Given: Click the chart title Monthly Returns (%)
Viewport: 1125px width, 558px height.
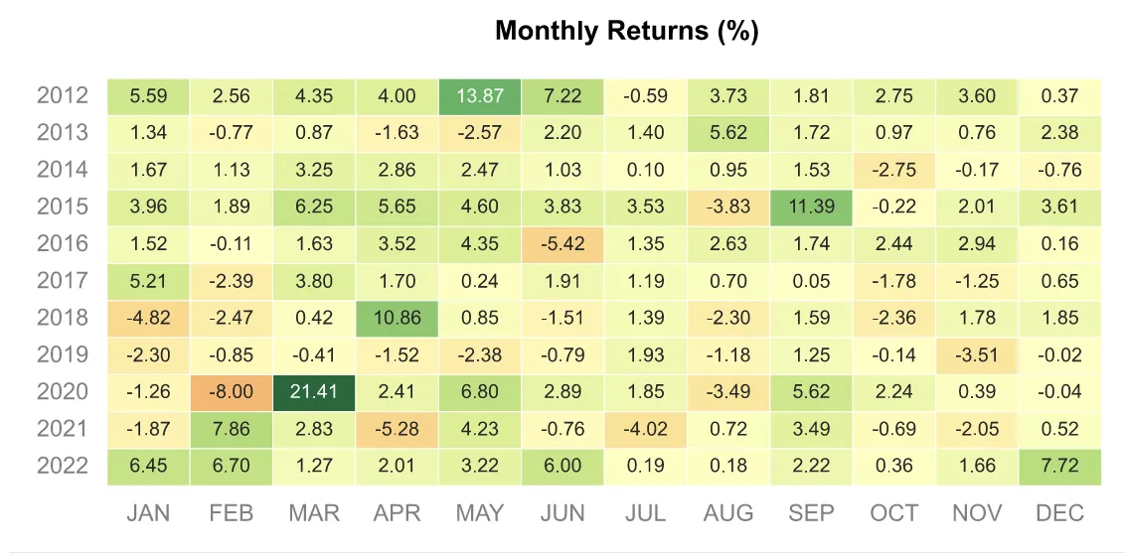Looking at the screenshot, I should tap(626, 31).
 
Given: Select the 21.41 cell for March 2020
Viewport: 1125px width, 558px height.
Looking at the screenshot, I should tap(314, 392).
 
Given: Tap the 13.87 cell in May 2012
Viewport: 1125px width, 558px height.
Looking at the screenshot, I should tap(480, 96).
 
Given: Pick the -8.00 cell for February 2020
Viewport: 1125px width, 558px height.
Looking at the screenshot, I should tap(232, 392).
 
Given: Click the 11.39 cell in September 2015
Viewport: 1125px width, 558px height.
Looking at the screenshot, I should tap(811, 208).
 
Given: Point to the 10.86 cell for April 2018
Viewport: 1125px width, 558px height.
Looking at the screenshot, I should tap(398, 319).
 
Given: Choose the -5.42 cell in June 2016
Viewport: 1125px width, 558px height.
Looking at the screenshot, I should tap(562, 244).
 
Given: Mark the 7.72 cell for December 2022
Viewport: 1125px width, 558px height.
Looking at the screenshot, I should tap(1059, 467).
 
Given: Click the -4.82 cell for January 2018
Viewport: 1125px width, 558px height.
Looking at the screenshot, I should tap(149, 319).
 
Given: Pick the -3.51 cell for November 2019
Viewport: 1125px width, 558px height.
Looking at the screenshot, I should tap(977, 355).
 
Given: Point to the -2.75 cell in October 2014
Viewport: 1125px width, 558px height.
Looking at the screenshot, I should tap(894, 171).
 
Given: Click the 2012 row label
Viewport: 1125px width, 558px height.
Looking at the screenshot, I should tap(63, 96).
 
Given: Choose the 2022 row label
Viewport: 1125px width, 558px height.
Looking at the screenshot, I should tap(63, 467).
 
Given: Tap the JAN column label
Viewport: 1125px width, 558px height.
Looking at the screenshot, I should tap(149, 513).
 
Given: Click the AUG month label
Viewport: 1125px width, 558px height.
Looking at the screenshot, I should tap(728, 513).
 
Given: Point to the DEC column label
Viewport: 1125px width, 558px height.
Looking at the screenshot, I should tap(1059, 513).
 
